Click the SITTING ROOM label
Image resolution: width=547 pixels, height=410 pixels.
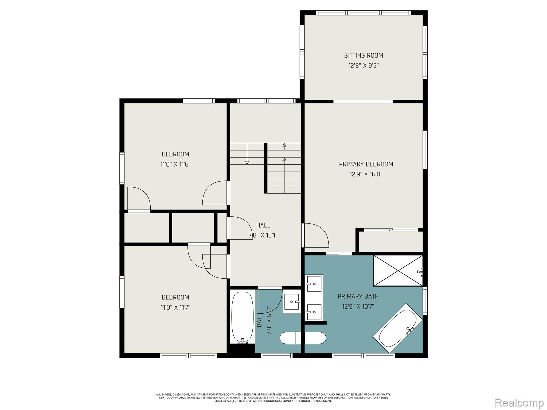[364, 56]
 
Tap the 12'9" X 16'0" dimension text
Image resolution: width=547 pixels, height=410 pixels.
[366, 174]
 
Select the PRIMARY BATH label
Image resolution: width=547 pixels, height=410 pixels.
[358, 296]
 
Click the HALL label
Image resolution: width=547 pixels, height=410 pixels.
[263, 225]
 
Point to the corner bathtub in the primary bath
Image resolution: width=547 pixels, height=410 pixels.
[398, 328]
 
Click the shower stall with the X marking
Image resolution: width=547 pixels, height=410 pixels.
[398, 271]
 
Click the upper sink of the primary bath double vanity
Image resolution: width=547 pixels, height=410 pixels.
[314, 284]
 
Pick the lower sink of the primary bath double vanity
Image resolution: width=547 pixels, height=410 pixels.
[314, 312]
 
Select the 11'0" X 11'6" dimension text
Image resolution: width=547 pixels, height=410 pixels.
[175, 164]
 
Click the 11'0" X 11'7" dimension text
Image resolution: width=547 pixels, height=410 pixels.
[175, 307]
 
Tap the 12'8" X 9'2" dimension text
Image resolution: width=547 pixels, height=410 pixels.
[364, 66]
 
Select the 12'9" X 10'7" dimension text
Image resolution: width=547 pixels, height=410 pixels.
[358, 306]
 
